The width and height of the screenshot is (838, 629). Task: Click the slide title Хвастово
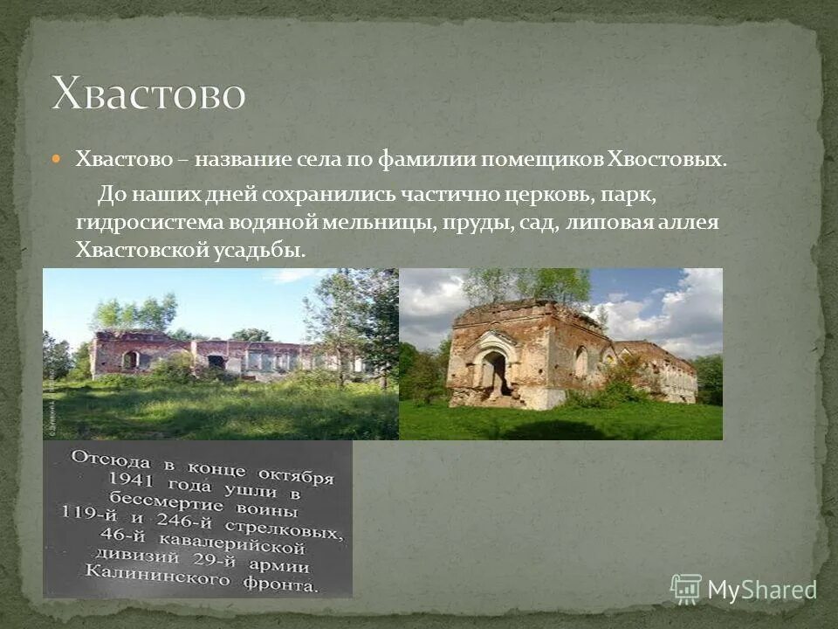click(x=148, y=93)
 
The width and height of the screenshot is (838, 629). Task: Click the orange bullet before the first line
click(x=58, y=159)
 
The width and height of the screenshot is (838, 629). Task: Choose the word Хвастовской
click(x=140, y=251)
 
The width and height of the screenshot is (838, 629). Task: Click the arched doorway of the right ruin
click(x=492, y=370)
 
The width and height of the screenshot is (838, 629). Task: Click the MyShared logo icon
click(x=686, y=589)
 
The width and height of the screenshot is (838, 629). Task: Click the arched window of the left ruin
click(x=130, y=359)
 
